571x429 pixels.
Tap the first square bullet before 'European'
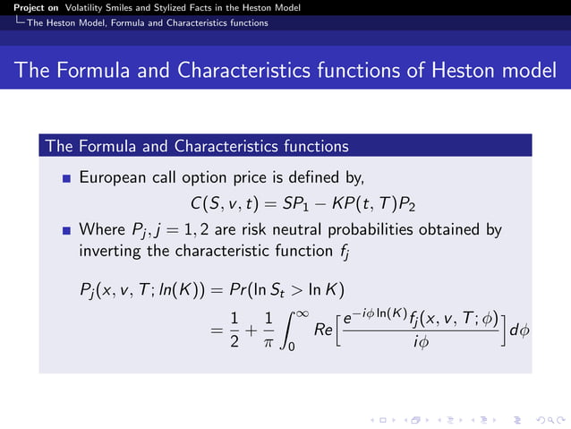[x=66, y=179]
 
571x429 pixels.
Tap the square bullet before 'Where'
[x=66, y=231]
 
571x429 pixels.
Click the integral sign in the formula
[x=290, y=332]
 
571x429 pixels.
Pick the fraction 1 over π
[x=269, y=331]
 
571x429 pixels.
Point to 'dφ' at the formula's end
[x=520, y=331]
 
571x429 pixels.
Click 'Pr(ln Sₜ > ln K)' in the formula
[x=285, y=289]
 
